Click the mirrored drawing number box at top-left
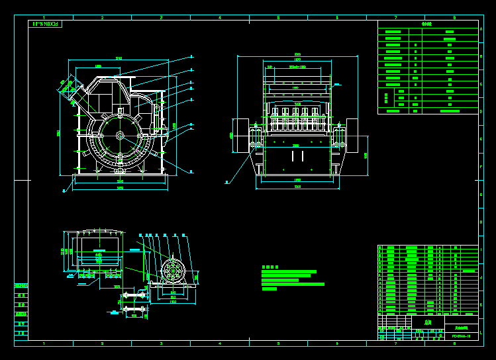point(45,24)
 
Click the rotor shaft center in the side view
point(120,136)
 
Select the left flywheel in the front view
point(240,136)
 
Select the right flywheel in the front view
point(352,136)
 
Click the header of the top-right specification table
point(427,24)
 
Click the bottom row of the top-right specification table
point(427,111)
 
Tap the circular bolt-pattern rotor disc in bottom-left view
point(175,272)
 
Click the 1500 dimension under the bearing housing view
point(173,302)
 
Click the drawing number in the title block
point(461,336)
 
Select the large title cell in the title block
point(427,322)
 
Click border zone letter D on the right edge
point(481,112)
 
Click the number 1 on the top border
point(44,17)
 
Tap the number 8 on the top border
point(454,17)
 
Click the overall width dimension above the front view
point(297,55)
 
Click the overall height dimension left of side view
point(59,132)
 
